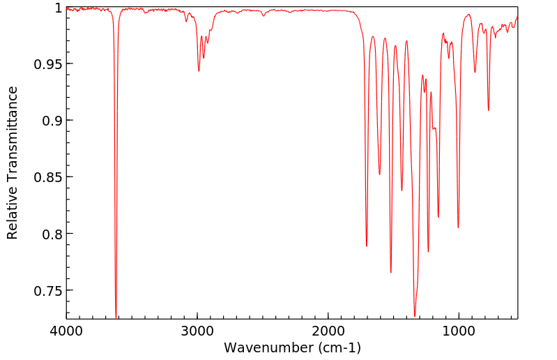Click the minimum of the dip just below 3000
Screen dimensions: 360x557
tap(199, 71)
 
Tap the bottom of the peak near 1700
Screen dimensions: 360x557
tap(367, 246)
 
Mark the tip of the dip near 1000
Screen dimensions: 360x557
tap(458, 227)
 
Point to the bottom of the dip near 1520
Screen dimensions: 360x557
tap(391, 272)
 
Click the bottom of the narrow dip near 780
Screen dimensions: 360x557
tap(488, 110)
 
